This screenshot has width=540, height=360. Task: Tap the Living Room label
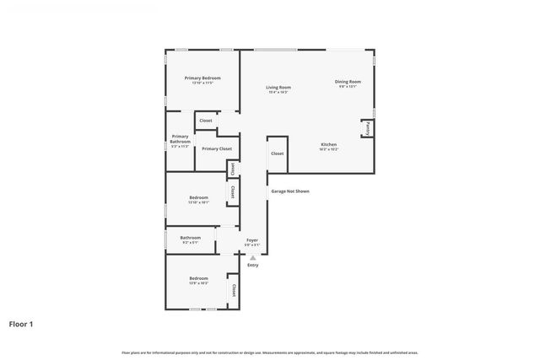pos(278,87)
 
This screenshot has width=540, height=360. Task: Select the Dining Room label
pos(348,82)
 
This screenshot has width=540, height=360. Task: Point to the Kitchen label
pos(328,144)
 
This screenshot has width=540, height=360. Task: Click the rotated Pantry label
pos(369,128)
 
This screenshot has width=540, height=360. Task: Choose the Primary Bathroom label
pos(180,138)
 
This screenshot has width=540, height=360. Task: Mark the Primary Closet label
pos(217,148)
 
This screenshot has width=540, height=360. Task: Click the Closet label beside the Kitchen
pos(278,153)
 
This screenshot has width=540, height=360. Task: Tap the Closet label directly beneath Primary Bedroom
pos(206,121)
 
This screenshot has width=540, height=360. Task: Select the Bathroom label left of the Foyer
pos(191,238)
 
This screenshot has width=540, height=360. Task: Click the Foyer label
pos(251,240)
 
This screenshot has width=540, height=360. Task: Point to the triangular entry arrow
pos(251,257)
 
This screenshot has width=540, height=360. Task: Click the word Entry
pos(252,266)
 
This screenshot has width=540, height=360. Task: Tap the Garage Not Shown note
pos(290,191)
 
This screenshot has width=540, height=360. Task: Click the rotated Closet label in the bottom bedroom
pos(232,290)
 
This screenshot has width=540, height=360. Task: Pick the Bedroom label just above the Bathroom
pos(199,197)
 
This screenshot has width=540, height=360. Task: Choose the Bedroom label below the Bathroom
pos(199,278)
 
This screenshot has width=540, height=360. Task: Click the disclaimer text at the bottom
pos(269,352)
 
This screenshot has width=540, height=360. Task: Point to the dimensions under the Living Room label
pos(278,92)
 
